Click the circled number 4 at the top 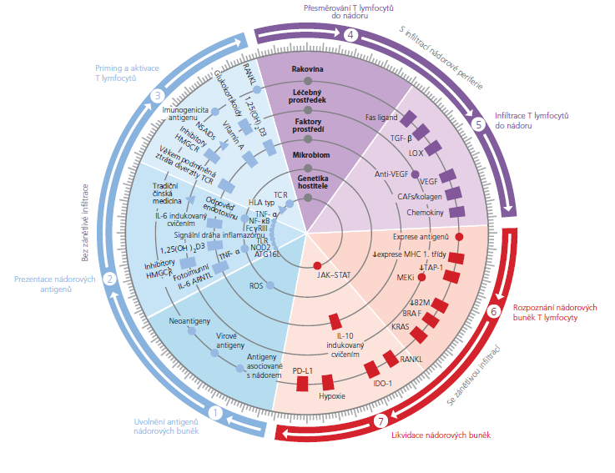350,34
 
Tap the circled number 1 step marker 216,412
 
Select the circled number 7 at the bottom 381,420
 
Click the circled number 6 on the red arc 493,312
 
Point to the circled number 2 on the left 109,280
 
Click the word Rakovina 308,69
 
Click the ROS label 255,285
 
